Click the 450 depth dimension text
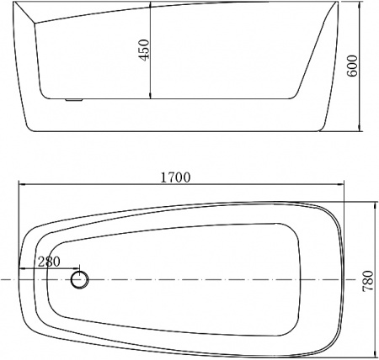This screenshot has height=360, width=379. [144, 51]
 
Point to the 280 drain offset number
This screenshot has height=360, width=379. [50, 262]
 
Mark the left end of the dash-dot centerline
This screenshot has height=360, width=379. [3, 278]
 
